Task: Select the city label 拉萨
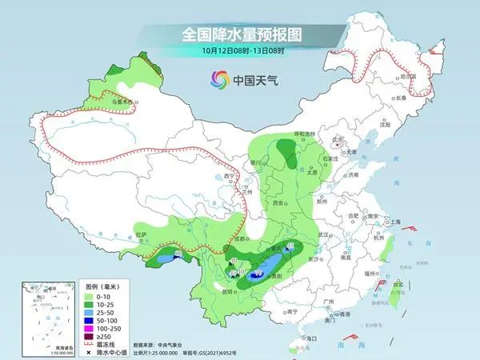[142, 234]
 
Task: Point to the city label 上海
[393, 222]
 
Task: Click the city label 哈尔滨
[410, 77]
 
